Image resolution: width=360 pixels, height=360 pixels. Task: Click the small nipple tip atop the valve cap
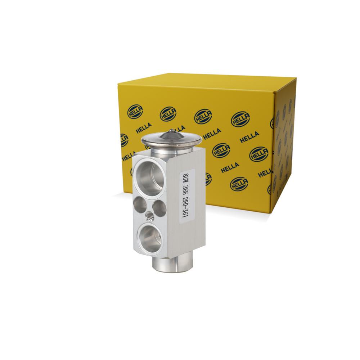pos(171,131)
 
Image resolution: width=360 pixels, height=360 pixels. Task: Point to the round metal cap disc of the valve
pos(172,139)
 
